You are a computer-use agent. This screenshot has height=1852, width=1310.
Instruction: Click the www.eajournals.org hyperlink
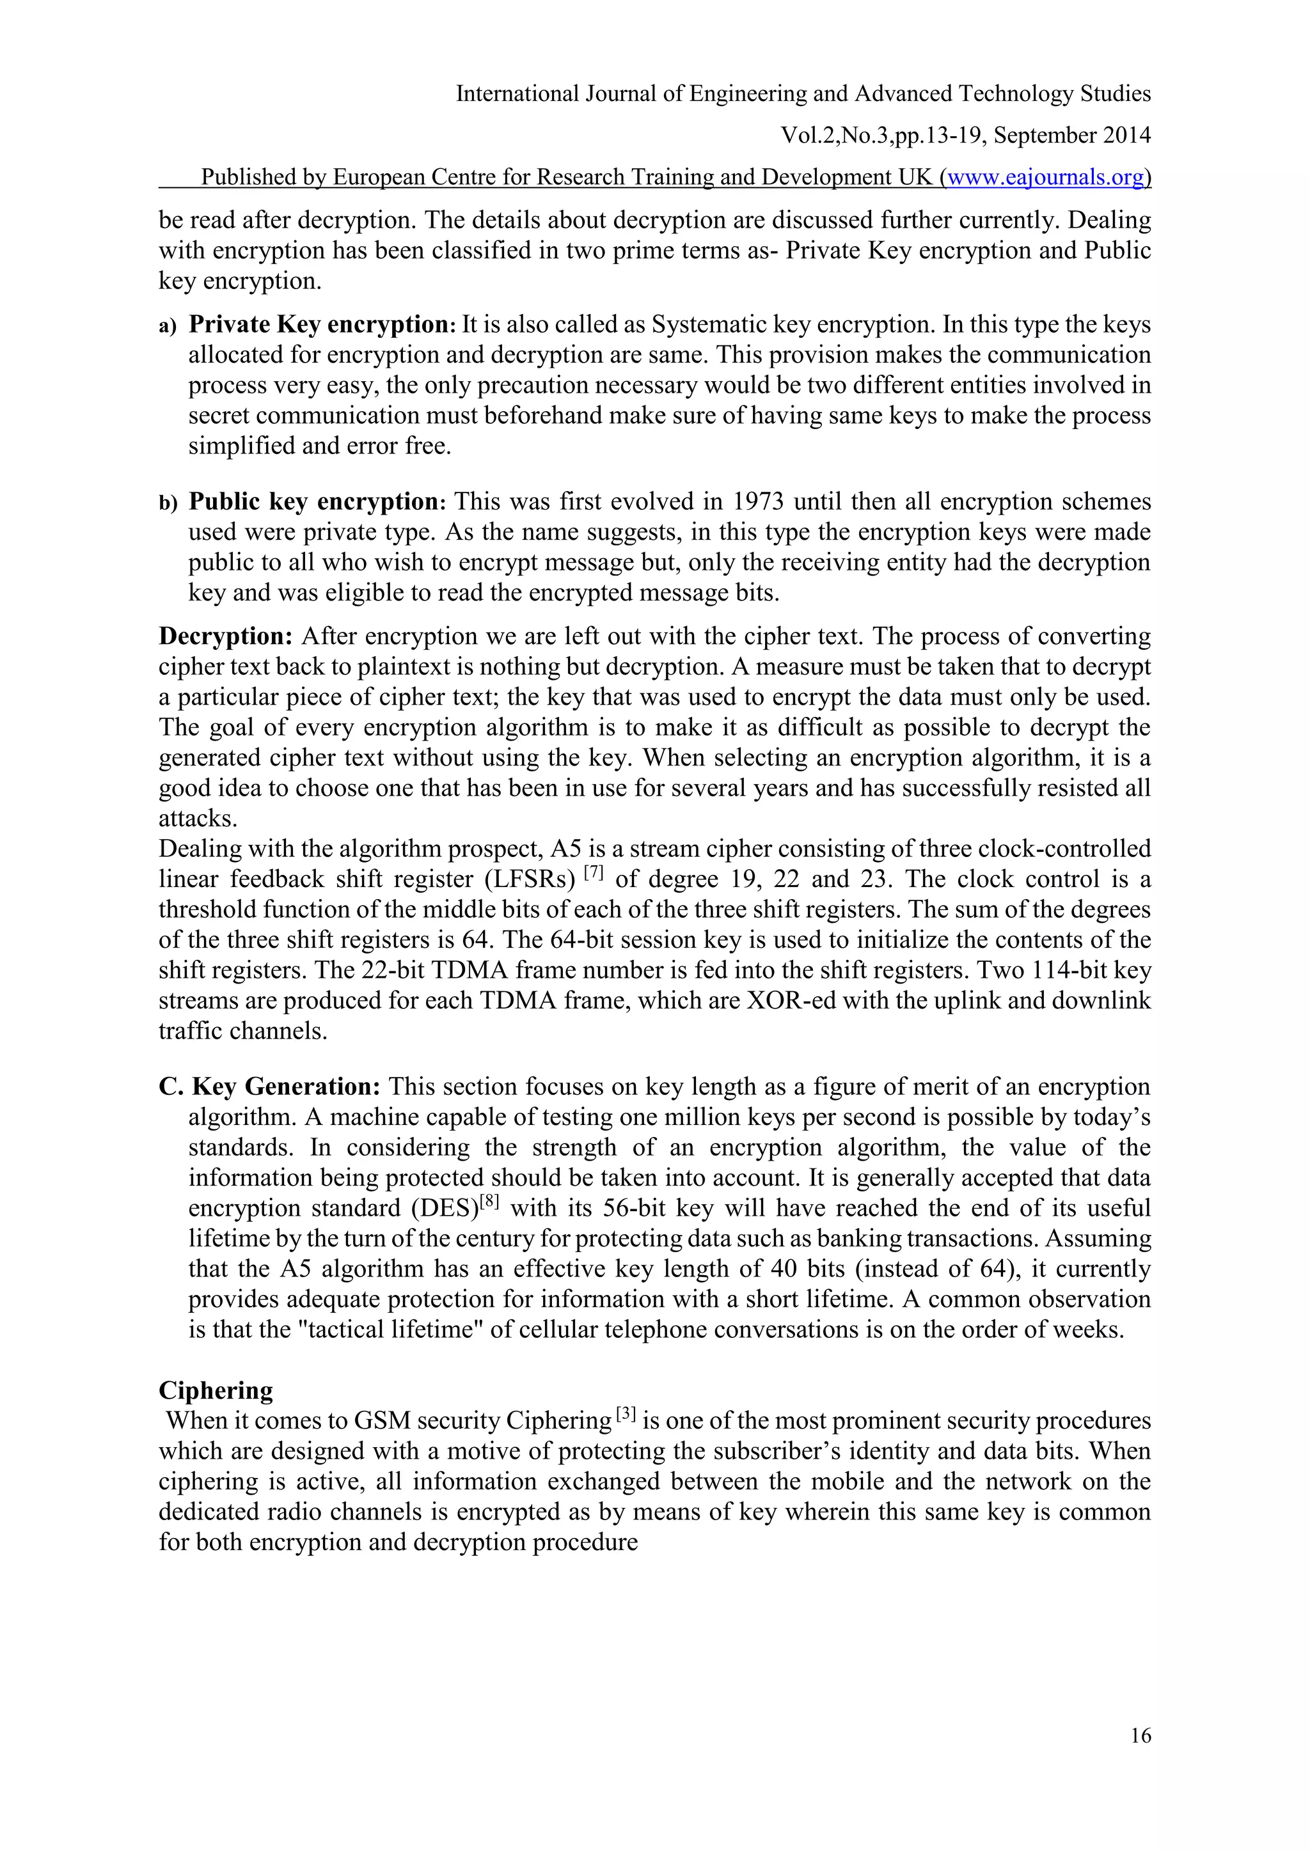click(x=1045, y=177)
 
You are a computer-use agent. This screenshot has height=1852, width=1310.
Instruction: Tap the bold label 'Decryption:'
click(x=226, y=636)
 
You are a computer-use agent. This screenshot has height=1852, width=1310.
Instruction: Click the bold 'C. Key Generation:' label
click(x=269, y=1087)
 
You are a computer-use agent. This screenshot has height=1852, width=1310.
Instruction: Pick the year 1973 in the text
click(x=757, y=502)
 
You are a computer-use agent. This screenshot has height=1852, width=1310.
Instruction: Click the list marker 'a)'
click(x=167, y=327)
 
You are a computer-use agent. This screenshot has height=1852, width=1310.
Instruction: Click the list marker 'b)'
click(x=167, y=504)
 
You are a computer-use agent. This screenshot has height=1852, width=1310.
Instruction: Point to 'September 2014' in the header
click(x=1072, y=136)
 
